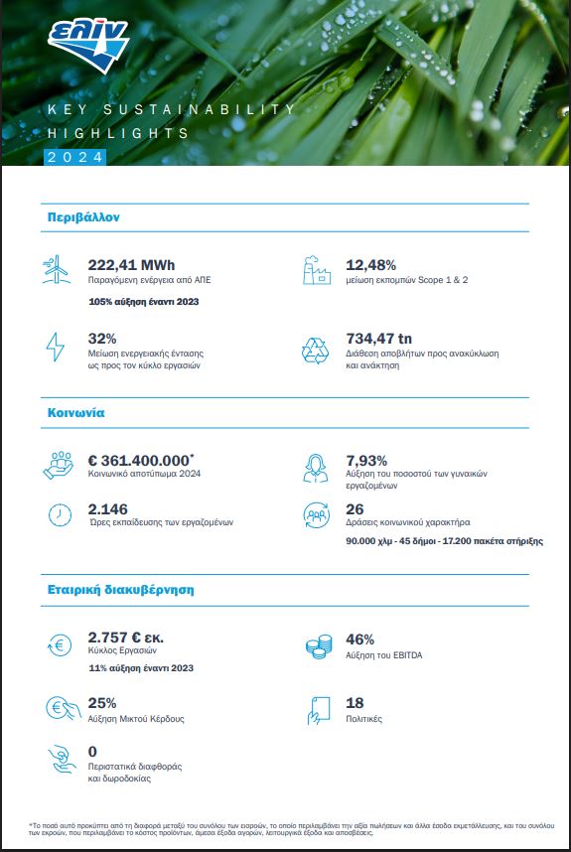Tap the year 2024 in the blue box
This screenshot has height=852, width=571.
tap(74, 157)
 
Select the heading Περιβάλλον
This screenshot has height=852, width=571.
tap(83, 217)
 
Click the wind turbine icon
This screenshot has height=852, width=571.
tap(56, 269)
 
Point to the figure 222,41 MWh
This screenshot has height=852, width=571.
tap(131, 265)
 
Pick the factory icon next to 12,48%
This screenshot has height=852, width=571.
tap(317, 270)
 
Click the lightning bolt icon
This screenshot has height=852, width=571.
tap(55, 348)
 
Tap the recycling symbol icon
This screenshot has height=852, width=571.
tap(316, 351)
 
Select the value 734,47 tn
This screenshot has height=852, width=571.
tap(378, 339)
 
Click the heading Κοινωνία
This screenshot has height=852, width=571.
tap(76, 413)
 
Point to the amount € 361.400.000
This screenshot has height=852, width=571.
tap(139, 461)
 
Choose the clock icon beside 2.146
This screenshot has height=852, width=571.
tap(60, 515)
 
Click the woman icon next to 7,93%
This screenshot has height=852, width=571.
tap(316, 469)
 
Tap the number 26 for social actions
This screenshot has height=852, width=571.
tap(355, 509)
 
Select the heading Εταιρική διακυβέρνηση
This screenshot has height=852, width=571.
tap(120, 590)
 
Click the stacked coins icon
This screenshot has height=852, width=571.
tap(319, 646)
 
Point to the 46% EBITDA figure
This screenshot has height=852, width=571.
tap(360, 639)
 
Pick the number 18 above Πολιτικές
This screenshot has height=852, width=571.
tap(355, 703)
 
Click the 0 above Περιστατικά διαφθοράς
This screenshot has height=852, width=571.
tap(92, 752)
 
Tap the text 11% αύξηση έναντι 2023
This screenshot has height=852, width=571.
tap(141, 668)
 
